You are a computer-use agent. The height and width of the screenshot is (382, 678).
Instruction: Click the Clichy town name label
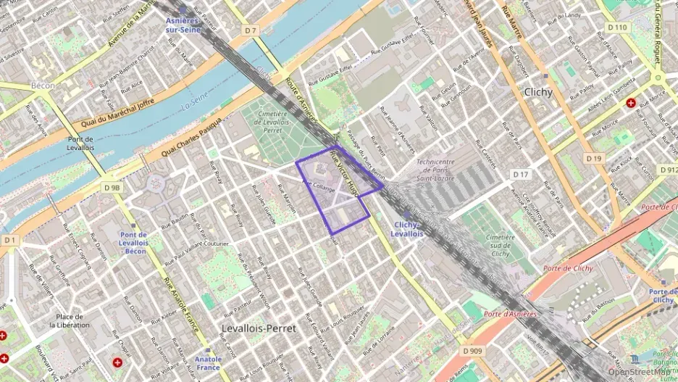click(537, 92)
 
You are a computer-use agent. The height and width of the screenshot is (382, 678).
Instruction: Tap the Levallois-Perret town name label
click(259, 328)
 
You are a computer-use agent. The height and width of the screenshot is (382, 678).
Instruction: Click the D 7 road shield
click(251, 30)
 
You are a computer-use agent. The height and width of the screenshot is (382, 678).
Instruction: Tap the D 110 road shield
click(617, 27)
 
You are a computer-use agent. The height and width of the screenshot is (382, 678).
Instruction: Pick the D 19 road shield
click(594, 158)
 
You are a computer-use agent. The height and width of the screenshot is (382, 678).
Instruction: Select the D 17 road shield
click(520, 175)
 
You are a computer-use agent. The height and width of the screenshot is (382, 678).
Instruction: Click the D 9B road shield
click(112, 188)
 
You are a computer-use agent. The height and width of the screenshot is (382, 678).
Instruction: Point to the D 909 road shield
click(472, 351)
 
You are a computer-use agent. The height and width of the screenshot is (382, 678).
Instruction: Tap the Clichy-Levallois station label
click(406, 229)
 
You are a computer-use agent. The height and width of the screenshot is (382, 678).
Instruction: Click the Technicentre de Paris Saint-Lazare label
click(445, 170)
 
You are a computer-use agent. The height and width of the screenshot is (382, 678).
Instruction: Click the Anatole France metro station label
click(208, 362)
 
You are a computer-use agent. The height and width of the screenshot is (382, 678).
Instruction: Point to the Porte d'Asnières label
click(510, 314)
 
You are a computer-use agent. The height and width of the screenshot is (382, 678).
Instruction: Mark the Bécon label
click(43, 86)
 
